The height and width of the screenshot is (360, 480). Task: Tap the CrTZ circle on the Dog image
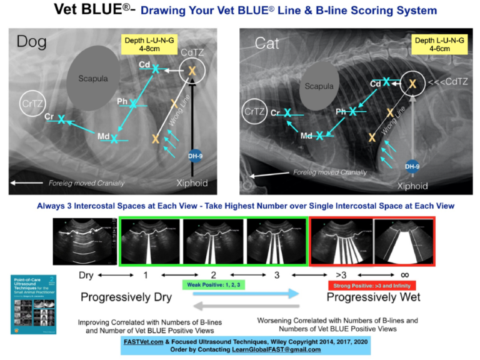[x=30, y=102]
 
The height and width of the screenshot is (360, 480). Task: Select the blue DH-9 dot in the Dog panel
[x=194, y=156]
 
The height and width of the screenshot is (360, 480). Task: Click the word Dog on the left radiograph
[x=31, y=42]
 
